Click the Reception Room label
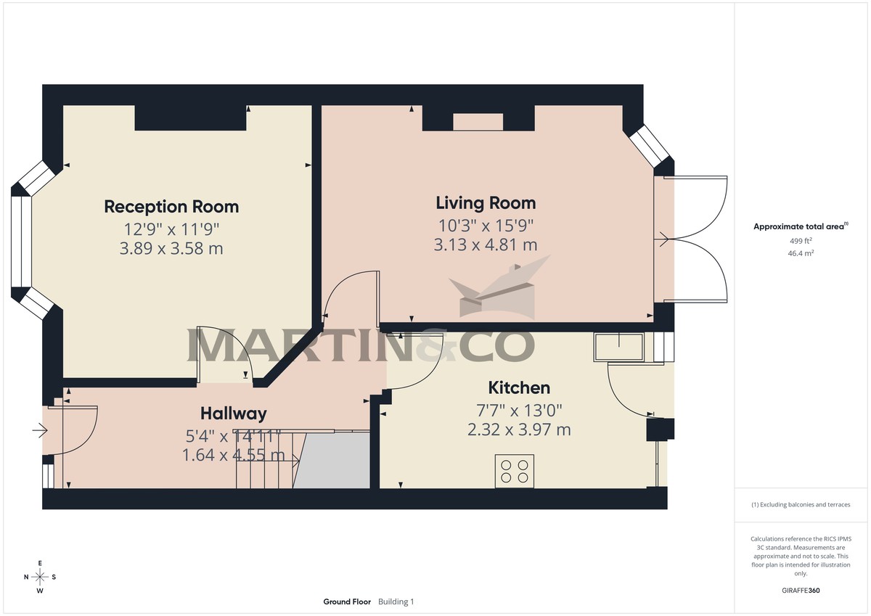pos(171,207)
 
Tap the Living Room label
pos(486,202)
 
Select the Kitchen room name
pos(519,387)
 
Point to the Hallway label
pos(233,414)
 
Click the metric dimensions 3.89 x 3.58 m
pos(171,249)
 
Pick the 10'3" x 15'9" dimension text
pos(486,224)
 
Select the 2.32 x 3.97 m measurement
pos(519,430)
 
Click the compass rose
pos(40,577)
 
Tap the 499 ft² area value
pos(801,241)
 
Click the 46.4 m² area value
pos(801,254)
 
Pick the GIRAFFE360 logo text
pos(801,591)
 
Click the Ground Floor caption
pos(347,601)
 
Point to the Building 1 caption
pos(396,601)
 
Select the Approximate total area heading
pos(798,226)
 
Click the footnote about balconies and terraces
pos(801,504)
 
